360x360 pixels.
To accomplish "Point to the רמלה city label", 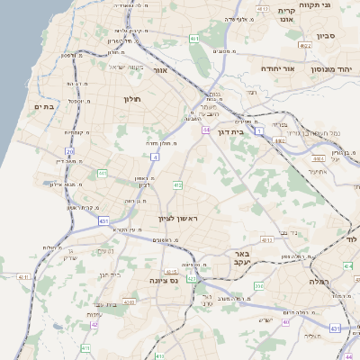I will pyautogui.click(x=321, y=282).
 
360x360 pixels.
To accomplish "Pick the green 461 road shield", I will pyautogui.click(x=194, y=38).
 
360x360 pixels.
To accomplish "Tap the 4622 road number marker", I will pyautogui.click(x=304, y=45).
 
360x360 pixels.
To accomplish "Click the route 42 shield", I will pyautogui.click(x=94, y=324).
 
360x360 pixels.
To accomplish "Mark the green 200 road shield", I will pyautogui.click(x=258, y=286).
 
